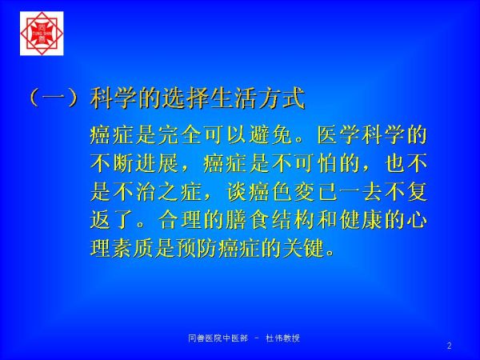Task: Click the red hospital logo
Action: pos(42,34)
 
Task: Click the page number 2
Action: pos(449,346)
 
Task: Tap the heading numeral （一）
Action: pos(53,98)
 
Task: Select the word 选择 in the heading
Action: pos(186,98)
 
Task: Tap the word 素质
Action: pos(133,248)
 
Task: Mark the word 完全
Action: pos(180,135)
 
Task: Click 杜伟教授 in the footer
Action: pos(283,338)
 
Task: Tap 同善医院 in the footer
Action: pos(206,338)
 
